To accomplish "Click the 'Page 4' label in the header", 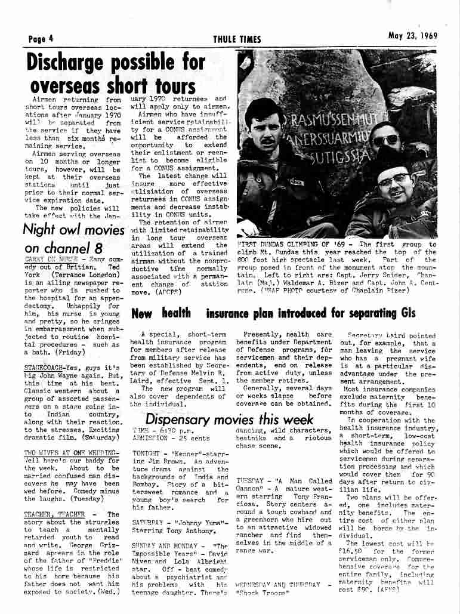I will coord(41,39).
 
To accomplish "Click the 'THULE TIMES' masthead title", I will coord(237,39).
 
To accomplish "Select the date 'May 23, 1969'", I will coord(412,35).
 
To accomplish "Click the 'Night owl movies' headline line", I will coord(70,230).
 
